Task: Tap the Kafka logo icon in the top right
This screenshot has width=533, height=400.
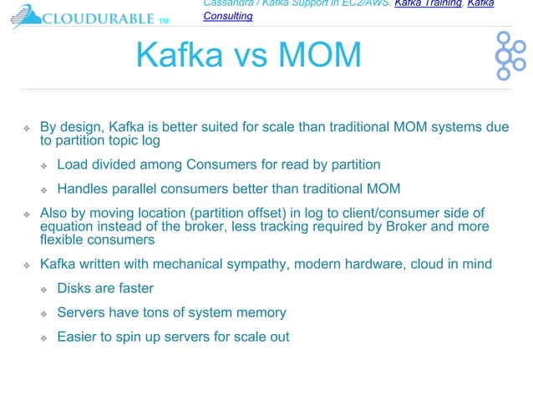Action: tap(509, 56)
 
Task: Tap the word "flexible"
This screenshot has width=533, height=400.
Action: tap(60, 241)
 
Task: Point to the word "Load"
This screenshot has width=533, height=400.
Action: tap(72, 165)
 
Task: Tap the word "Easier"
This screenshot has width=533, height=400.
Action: tap(78, 337)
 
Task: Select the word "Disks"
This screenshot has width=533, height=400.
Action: tap(74, 289)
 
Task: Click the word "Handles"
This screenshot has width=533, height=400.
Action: tap(83, 188)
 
